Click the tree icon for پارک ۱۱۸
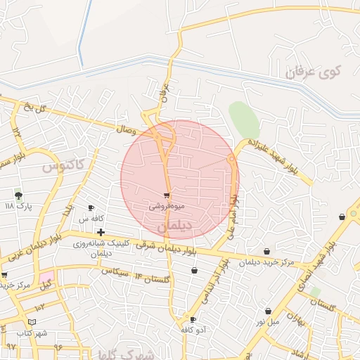click(18, 195)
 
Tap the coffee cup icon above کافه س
click(91, 207)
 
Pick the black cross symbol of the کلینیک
click(101, 232)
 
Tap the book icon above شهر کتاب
click(24, 323)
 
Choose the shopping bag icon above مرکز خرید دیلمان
click(266, 251)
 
